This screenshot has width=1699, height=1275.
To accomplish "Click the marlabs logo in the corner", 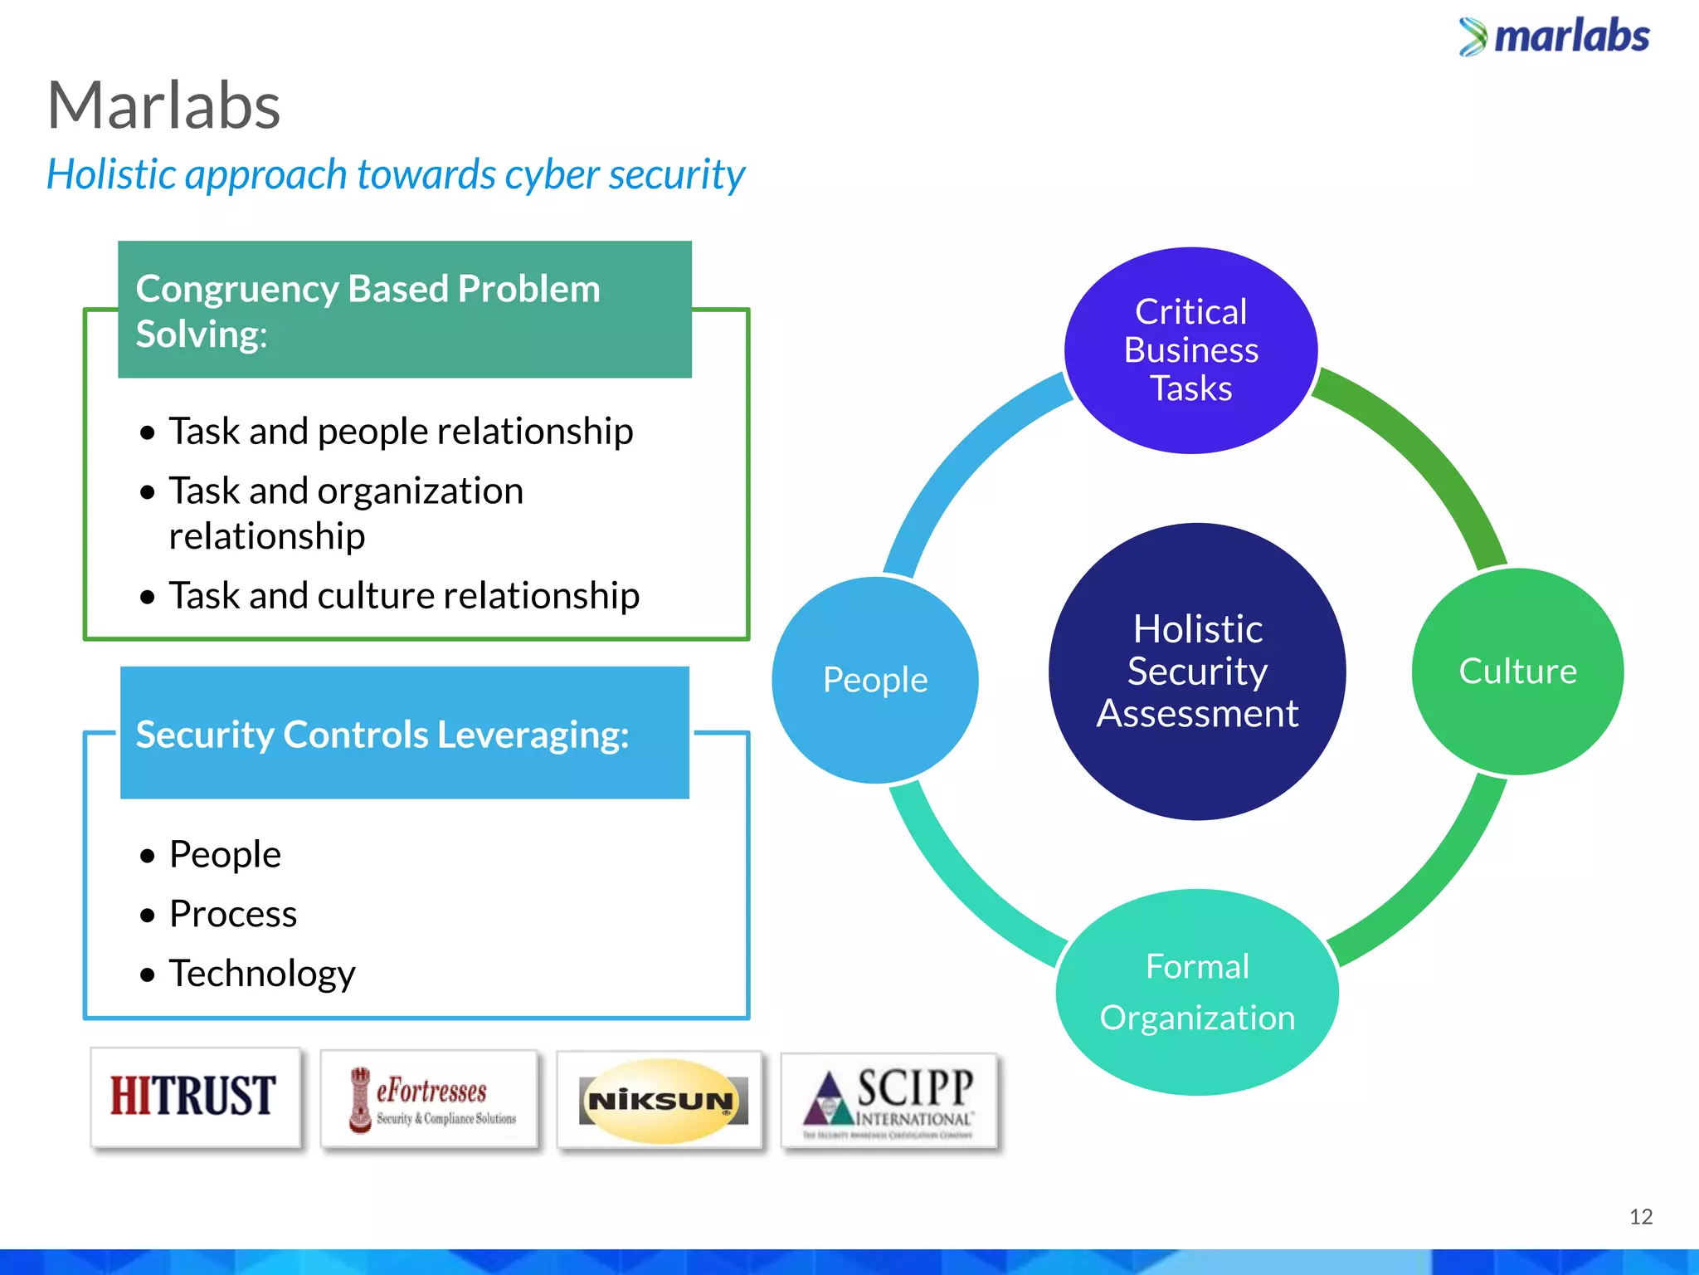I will (1555, 37).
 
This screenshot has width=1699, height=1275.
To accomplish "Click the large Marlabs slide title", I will (164, 105).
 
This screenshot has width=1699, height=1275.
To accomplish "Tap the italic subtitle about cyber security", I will (396, 174).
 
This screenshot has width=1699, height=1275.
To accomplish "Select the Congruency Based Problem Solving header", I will (404, 310).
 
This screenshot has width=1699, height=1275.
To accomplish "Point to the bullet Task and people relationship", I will (400, 431).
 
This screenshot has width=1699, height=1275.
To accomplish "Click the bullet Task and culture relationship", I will (403, 595).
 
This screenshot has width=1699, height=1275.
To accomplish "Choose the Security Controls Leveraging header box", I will (404, 733).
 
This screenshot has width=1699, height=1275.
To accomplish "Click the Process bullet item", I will (232, 913).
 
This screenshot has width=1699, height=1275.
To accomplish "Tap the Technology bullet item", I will (261, 973).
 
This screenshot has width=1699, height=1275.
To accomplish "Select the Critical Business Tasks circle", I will (1190, 350).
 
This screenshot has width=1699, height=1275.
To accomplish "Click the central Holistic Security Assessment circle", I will (1197, 671).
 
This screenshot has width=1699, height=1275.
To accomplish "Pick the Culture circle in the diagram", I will (1517, 671).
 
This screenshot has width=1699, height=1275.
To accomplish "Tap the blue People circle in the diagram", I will (874, 680).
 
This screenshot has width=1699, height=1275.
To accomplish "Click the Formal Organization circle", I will (1197, 992).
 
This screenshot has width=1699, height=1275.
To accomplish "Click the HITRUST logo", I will (194, 1097).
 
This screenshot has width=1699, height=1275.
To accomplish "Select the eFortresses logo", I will (430, 1099).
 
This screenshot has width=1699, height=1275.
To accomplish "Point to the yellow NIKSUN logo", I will (660, 1101).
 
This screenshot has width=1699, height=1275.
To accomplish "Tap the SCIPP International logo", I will (888, 1101).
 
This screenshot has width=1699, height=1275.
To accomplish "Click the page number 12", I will (1640, 1216).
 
